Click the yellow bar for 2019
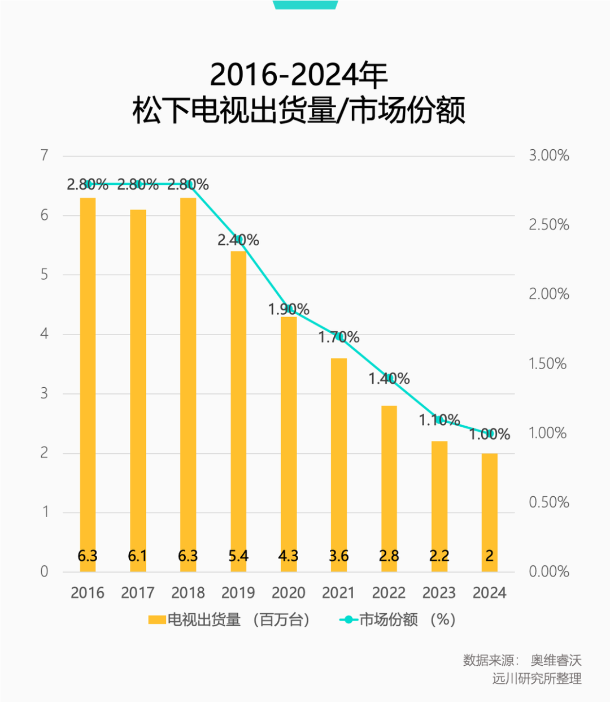coord(238,407)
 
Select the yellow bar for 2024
coord(489,509)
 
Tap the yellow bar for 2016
coord(88,384)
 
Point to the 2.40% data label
coord(238,240)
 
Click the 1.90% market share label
coord(289,309)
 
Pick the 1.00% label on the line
coord(490,434)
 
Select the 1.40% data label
coord(389,378)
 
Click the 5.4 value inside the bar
coord(238,556)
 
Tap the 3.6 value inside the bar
coord(339,556)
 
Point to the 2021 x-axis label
coord(338,593)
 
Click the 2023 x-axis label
coord(439,593)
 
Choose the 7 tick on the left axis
coord(45,155)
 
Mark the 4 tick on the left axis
coord(45,334)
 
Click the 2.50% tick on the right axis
coord(548,225)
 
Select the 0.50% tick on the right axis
coord(548,502)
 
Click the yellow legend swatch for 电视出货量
coord(156,620)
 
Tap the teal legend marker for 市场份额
coord(348,620)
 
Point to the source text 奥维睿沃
coord(556,660)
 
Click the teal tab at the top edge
coord(305,5)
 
